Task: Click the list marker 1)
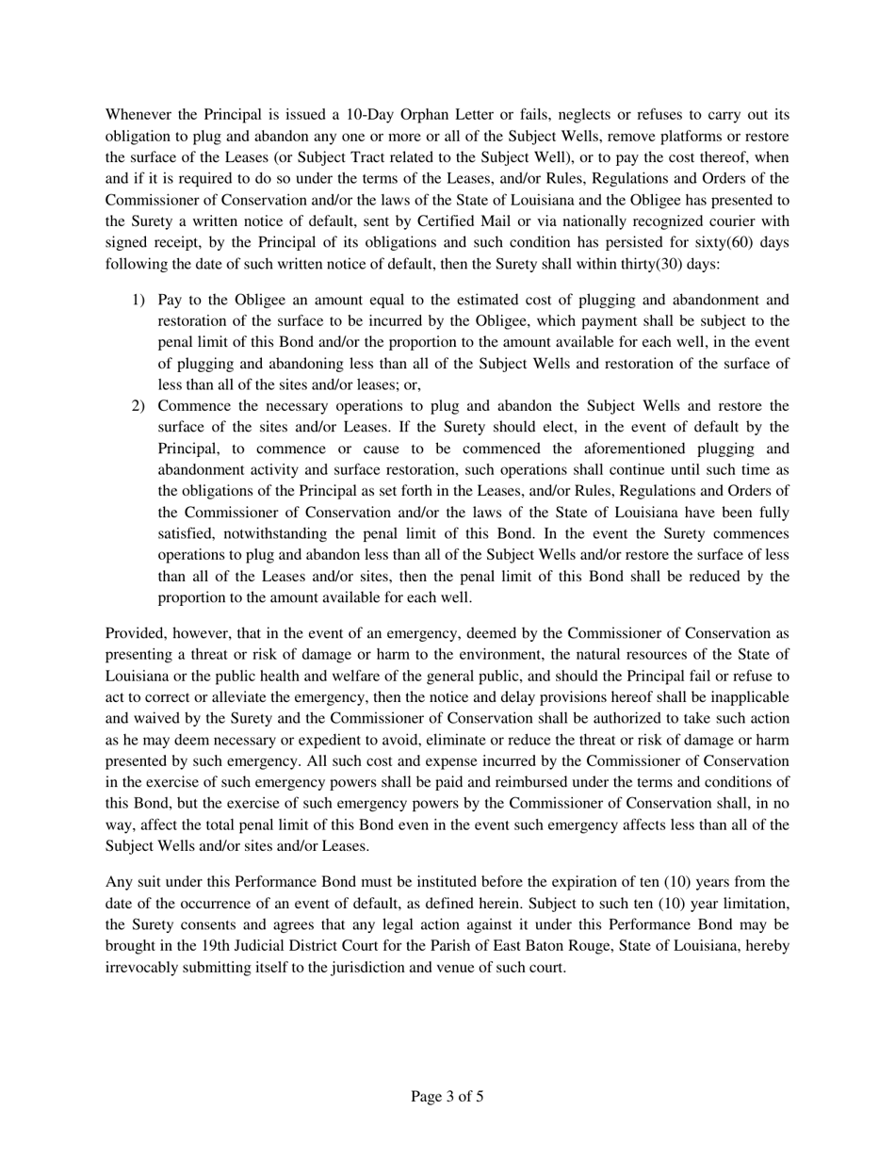pyautogui.click(x=138, y=300)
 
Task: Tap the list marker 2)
pyautogui.click(x=138, y=406)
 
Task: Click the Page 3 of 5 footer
pyautogui.click(x=447, y=1096)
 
